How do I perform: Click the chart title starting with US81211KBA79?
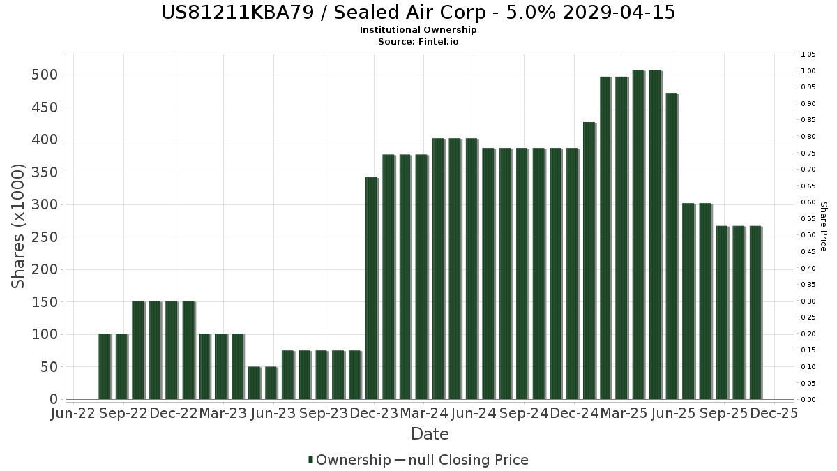(x=418, y=13)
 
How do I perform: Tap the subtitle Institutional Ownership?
(x=418, y=30)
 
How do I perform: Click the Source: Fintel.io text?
(x=418, y=41)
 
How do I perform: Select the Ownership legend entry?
(x=350, y=460)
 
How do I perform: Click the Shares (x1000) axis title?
(x=18, y=227)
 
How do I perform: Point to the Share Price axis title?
(x=823, y=227)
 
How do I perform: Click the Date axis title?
(x=430, y=434)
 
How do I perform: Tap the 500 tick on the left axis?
(x=43, y=75)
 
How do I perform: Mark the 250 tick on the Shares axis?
(x=43, y=237)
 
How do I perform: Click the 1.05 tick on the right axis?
(x=808, y=54)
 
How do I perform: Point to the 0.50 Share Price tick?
(x=808, y=235)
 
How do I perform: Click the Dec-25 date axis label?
(x=774, y=413)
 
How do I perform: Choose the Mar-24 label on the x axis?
(x=424, y=413)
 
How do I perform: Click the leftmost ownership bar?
(x=105, y=366)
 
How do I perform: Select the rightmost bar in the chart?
(x=755, y=313)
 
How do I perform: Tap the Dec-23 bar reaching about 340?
(x=372, y=288)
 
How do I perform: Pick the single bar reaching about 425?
(x=589, y=260)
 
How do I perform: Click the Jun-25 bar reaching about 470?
(x=672, y=246)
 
